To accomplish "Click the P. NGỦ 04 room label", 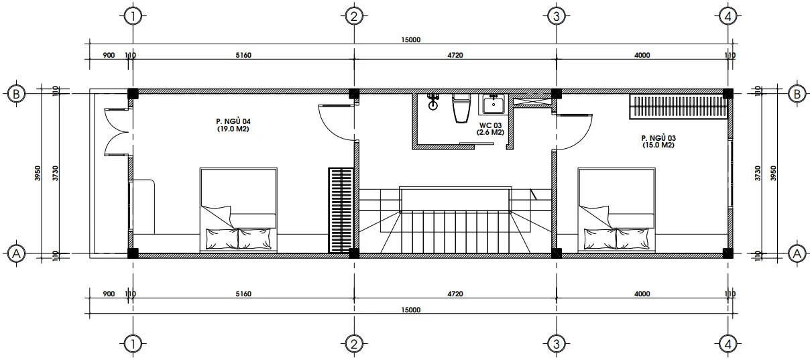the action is click(x=233, y=125).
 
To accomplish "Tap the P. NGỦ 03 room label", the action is click(x=658, y=141).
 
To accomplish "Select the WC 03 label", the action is click(x=490, y=129).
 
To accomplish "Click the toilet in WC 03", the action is click(x=461, y=108).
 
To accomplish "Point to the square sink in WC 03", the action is click(x=494, y=104).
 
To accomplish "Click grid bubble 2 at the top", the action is click(x=353, y=16).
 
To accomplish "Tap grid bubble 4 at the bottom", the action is click(x=728, y=344).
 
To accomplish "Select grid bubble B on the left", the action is click(x=16, y=95).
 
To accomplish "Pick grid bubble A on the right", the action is click(x=797, y=254).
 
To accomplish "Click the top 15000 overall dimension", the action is click(x=411, y=40).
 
